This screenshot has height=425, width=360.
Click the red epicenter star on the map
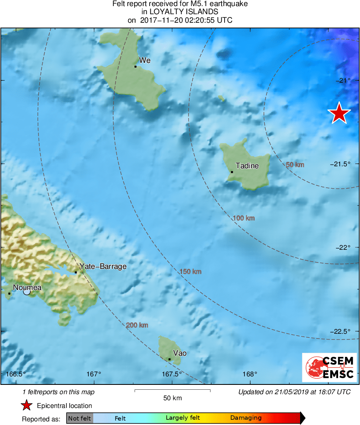339,113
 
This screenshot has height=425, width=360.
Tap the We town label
145,60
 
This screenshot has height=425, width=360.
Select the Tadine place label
247,166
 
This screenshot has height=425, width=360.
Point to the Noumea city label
27,288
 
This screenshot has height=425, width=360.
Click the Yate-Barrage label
103,266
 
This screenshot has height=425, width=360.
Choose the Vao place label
180,353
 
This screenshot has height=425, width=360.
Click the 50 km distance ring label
295,165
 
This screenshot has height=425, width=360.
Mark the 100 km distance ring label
244,218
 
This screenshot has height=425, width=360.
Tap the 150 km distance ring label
190,271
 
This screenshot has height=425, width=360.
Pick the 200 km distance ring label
137,325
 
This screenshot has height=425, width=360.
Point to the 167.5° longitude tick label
172,374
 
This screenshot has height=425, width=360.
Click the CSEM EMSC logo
329,367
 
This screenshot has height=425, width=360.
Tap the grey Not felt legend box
79,418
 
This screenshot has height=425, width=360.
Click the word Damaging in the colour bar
246,418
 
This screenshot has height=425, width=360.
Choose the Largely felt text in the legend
182,418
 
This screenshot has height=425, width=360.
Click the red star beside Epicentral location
26,406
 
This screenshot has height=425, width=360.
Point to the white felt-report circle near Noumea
27,292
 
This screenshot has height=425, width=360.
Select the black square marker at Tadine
232,172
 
